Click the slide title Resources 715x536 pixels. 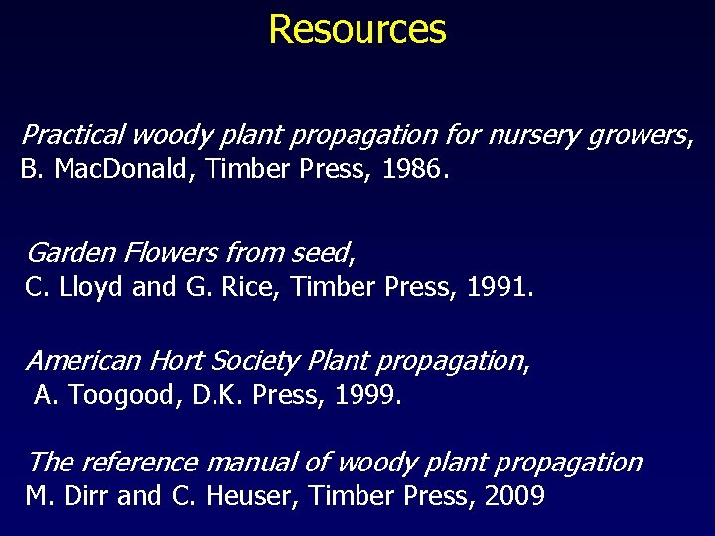(x=357, y=29)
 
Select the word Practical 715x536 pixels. (x=73, y=133)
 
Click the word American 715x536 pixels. (x=85, y=360)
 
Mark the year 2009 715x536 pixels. (x=515, y=496)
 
